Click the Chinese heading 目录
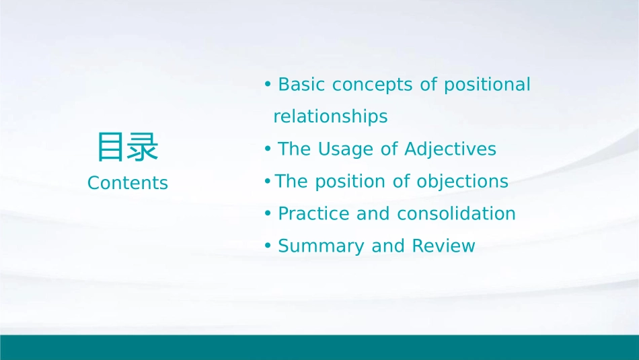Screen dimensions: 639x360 click(x=128, y=147)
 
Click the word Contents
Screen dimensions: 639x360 click(x=128, y=182)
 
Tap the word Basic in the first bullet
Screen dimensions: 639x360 click(x=301, y=84)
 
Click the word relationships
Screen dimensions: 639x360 click(x=330, y=117)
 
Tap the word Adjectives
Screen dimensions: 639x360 click(x=450, y=149)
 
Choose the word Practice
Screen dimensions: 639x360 click(x=314, y=213)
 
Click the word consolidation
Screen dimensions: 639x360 click(x=456, y=213)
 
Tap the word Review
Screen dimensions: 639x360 click(x=443, y=246)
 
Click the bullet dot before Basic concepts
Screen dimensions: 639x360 click(x=268, y=84)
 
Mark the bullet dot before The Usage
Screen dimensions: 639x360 click(x=268, y=149)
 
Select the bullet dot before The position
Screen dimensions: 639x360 click(x=267, y=181)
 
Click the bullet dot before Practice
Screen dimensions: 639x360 click(x=268, y=213)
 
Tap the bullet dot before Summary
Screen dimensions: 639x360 click(x=268, y=246)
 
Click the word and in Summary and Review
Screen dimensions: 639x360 click(x=388, y=246)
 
